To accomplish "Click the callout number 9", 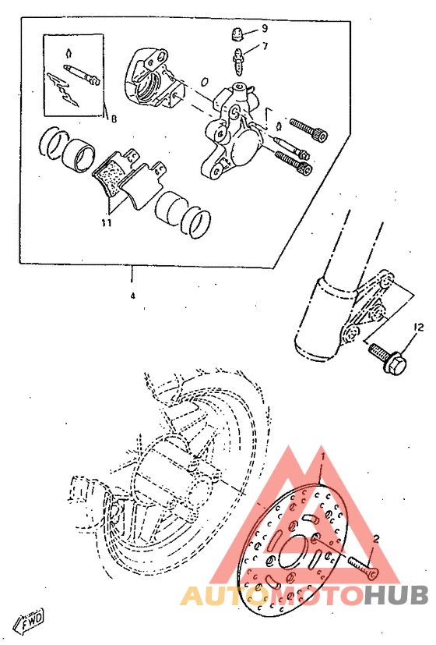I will pos(264,28).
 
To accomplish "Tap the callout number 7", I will pos(264,46).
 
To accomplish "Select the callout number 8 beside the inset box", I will pos(114,119).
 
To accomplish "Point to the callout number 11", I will pos(106,222).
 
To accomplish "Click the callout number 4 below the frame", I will pos(132,296).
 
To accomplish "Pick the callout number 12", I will pos(417,327).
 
